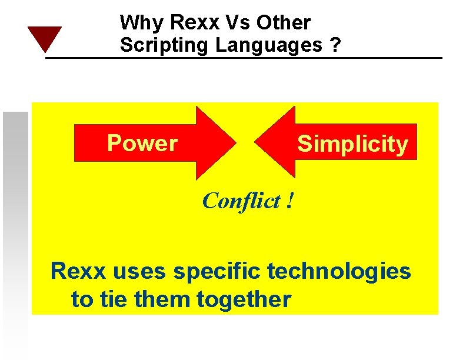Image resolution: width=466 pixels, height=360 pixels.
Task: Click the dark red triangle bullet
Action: pyautogui.click(x=44, y=38)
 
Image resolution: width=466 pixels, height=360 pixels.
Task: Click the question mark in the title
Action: pyautogui.click(x=335, y=45)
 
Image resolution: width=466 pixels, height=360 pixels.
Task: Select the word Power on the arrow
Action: pyautogui.click(x=142, y=143)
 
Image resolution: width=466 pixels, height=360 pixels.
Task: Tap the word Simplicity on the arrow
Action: pyautogui.click(x=352, y=144)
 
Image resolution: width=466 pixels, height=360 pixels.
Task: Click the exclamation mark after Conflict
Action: pyautogui.click(x=289, y=201)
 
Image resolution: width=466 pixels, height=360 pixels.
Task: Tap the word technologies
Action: pyautogui.click(x=338, y=272)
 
